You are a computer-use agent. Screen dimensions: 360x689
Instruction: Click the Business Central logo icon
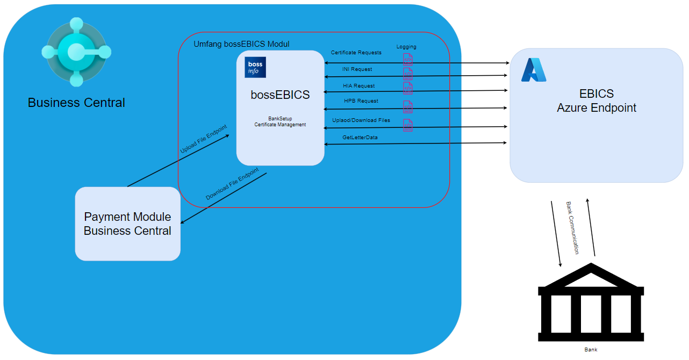click(x=76, y=52)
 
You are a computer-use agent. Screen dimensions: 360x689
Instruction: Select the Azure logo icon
click(x=534, y=70)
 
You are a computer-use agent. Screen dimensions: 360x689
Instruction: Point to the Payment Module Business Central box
click(x=127, y=224)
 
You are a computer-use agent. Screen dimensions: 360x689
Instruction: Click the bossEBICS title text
click(x=280, y=95)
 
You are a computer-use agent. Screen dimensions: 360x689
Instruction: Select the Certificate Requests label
click(x=356, y=53)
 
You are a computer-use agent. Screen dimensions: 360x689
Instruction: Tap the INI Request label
click(x=357, y=69)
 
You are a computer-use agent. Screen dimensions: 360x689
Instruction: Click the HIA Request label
click(x=358, y=86)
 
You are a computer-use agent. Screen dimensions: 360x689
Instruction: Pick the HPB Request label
click(x=361, y=101)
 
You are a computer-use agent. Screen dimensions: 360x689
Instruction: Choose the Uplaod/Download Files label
click(x=361, y=120)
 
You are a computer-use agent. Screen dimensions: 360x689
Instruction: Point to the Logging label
click(x=406, y=47)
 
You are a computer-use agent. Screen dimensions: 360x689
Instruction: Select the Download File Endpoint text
click(x=232, y=184)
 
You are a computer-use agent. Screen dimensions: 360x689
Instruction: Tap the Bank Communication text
click(x=573, y=228)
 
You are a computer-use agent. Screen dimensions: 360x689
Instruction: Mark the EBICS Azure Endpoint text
click(x=596, y=101)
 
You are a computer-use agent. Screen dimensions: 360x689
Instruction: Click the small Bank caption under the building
click(x=591, y=350)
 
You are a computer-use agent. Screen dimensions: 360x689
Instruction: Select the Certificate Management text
click(x=280, y=125)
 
